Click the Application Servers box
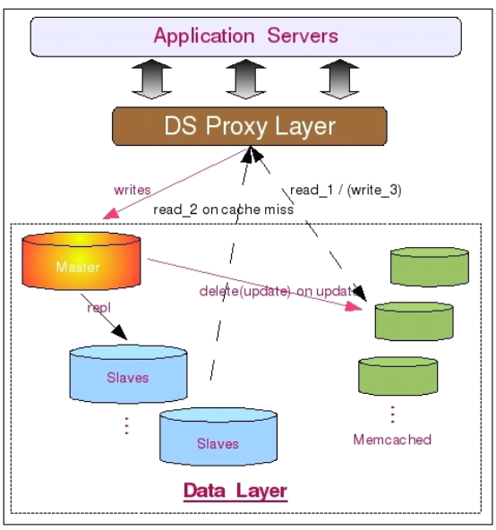click(246, 37)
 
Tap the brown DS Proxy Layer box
click(250, 126)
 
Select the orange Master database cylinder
click(81, 261)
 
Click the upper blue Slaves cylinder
click(128, 374)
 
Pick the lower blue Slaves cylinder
click(218, 436)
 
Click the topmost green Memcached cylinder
click(430, 267)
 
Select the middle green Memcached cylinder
click(415, 321)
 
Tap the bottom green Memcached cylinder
click(398, 376)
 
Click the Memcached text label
click(392, 440)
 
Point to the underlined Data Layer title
click(235, 491)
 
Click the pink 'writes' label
click(133, 190)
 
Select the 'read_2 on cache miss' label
click(224, 209)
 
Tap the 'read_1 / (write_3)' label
click(346, 190)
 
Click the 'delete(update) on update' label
click(278, 291)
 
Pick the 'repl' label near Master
click(98, 308)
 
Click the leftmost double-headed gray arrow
click(151, 80)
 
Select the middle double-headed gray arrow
click(246, 80)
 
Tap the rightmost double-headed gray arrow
click(339, 80)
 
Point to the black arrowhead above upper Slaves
click(120, 333)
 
